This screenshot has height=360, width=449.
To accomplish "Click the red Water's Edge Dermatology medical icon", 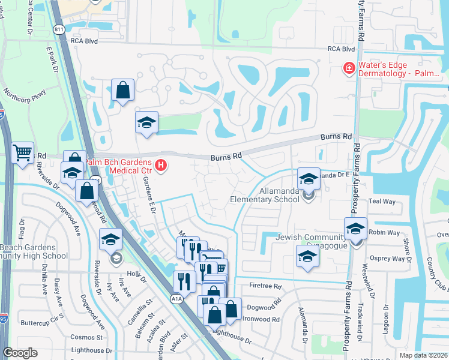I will (x=348, y=69).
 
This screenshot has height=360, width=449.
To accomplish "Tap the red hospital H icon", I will (x=160, y=164).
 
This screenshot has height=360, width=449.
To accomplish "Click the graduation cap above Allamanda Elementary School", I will (x=309, y=178).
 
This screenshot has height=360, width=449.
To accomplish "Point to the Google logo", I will (x=20, y=353).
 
